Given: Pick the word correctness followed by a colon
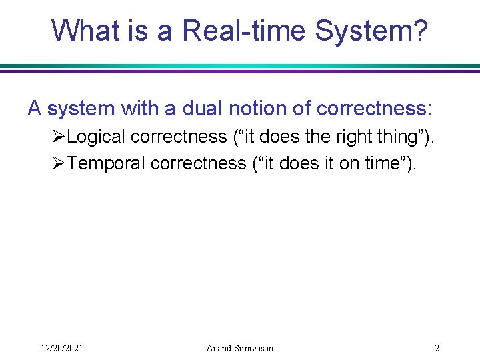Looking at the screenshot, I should pos(375,108).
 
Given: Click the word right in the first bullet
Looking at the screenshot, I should pos(351,137).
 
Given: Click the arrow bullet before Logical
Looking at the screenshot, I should pos(58,137).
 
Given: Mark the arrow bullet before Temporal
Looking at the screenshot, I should pos(58,163).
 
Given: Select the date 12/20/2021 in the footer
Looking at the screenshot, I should pos(62,348).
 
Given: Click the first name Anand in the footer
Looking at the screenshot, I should pos(219,348).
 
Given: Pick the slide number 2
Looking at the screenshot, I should pos(437,348).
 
